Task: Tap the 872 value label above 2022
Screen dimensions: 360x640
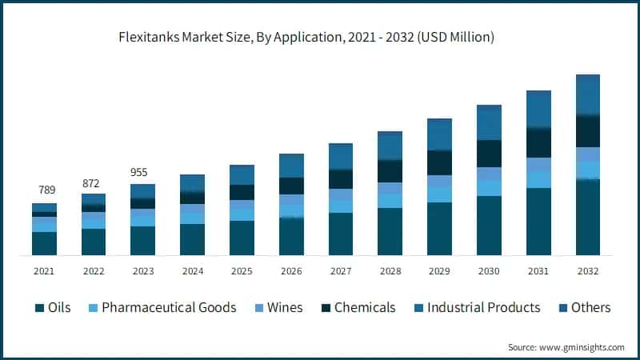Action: [94, 183]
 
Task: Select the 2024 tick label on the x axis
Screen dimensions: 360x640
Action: [193, 271]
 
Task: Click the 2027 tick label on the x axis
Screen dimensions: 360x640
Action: [341, 271]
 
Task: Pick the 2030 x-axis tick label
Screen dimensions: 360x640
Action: [489, 271]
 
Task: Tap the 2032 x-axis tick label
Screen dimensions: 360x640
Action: [588, 271]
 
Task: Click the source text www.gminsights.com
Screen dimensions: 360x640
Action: [566, 347]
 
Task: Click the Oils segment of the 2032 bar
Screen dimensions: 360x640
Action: [588, 218]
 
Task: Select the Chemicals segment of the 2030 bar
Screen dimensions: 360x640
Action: [489, 154]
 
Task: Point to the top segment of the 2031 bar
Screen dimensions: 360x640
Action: [538, 109]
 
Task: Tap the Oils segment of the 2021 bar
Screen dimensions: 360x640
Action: [44, 243]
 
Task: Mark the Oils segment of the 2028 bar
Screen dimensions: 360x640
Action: [390, 231]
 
